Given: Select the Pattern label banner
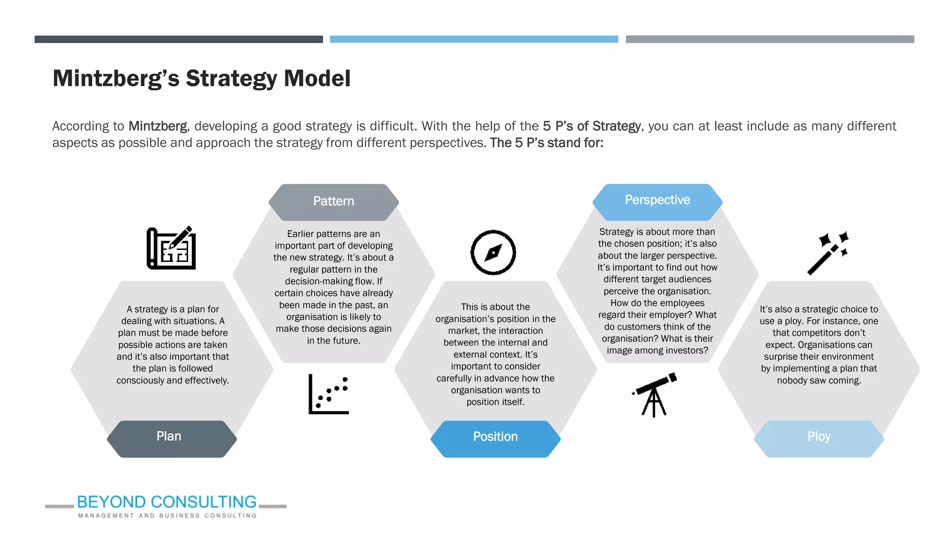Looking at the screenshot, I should tap(334, 202).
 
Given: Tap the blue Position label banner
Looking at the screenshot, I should tap(495, 439).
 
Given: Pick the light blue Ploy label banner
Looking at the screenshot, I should tap(819, 439).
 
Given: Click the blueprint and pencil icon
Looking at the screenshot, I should tap(171, 248).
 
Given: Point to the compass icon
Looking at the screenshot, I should tap(493, 253).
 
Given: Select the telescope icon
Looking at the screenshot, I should tap(655, 394).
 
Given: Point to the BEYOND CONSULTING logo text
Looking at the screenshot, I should tap(167, 502).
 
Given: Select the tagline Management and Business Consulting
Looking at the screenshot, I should tap(167, 515).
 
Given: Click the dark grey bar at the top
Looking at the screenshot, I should tap(178, 39).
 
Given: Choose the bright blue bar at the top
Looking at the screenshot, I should tap(474, 39).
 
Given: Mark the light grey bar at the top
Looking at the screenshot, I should tap(770, 39).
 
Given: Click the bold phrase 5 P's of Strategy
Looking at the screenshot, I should tap(592, 126).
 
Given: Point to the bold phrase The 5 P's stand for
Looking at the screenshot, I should tap(547, 143).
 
